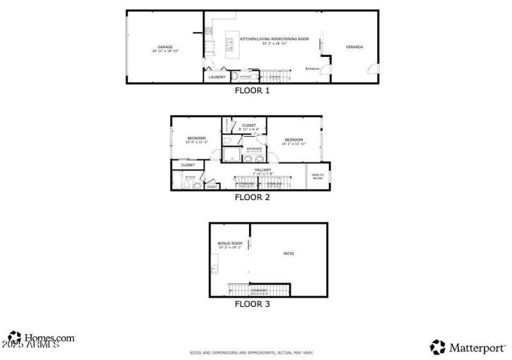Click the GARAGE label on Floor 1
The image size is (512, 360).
166,47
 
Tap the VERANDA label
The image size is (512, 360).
355,47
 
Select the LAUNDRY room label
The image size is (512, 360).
217,77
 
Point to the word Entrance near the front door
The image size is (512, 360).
312,68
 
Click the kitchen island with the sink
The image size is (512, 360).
228,43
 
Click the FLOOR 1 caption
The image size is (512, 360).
252,91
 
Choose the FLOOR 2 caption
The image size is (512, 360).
252,198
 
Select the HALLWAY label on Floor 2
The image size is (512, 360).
263,169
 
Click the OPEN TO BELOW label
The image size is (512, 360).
317,176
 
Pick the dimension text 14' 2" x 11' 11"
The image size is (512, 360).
294,144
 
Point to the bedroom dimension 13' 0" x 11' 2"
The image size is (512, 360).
196,143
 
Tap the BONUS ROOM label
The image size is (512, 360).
230,244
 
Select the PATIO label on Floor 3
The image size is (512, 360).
289,254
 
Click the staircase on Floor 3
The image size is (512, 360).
259,290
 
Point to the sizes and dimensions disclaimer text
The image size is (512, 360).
251,352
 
